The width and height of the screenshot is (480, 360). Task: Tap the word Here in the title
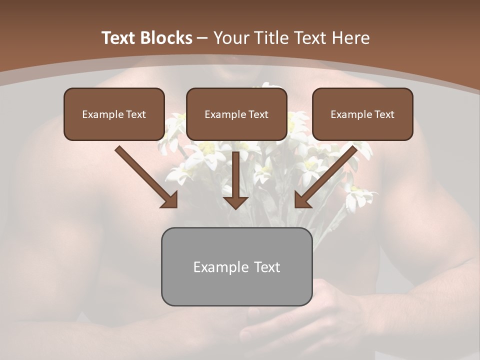[x=349, y=38]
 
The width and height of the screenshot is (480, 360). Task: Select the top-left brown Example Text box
[x=114, y=114]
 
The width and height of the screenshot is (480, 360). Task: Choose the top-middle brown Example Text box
[x=236, y=114]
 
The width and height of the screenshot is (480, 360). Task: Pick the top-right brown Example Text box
[x=362, y=114]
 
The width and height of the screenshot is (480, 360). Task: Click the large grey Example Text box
[x=236, y=266]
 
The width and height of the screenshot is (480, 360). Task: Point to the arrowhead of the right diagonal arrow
[x=303, y=199]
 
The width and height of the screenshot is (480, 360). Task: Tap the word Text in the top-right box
[x=383, y=114]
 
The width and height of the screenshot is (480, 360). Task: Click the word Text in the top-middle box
[x=257, y=114]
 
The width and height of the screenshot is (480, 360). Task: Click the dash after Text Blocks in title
[x=202, y=38]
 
